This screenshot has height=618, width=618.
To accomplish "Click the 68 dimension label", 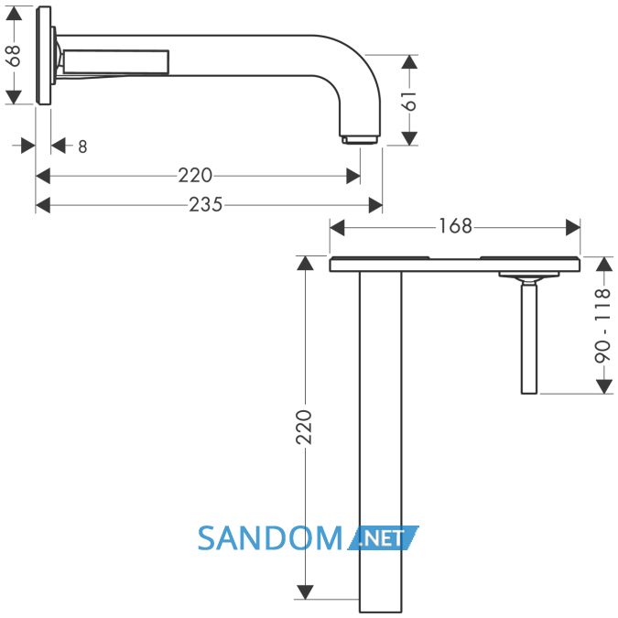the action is coord(14,56).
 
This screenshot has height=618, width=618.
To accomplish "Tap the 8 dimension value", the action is coord(82,146).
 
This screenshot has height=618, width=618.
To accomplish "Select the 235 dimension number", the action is coord(205,204).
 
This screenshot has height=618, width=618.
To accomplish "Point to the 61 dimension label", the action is coord(410,101).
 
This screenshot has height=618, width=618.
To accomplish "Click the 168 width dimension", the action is coord(455,226).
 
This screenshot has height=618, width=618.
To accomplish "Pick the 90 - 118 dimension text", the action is coord(602,326).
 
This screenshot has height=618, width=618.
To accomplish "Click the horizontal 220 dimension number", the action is coord(195,176).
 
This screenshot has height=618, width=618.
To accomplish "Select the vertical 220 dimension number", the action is coord(304,428).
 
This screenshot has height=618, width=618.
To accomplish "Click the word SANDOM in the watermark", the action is coord(270,538).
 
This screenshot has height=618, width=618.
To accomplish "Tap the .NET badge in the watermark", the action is coord(383,538).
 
